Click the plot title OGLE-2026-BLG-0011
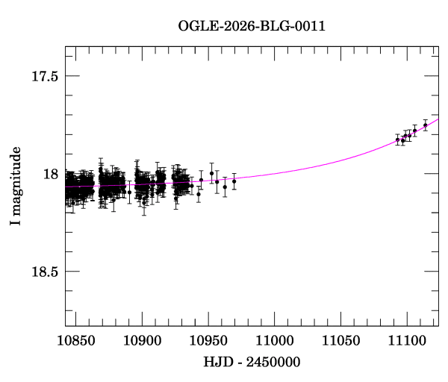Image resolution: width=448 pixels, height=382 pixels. tap(252, 25)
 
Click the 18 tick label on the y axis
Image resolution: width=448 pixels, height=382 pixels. tap(51, 174)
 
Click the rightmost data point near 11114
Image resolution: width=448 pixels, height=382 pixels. tap(425, 125)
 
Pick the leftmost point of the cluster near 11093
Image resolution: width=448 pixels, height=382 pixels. tap(397, 140)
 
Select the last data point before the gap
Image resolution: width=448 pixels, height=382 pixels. tap(234, 181)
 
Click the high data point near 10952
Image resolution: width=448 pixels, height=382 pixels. tap(211, 173)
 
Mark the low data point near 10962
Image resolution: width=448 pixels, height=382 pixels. tap(225, 187)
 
